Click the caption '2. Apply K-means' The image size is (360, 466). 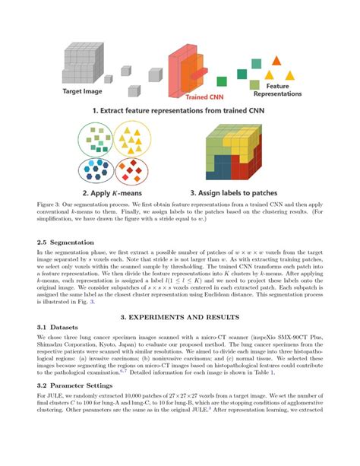[111, 193]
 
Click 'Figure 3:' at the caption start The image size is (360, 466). [49, 205]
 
